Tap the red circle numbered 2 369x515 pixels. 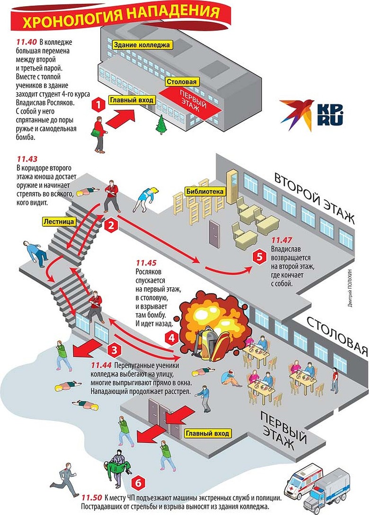point(111,226)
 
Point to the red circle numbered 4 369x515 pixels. point(172,338)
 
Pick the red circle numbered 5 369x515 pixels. point(258,257)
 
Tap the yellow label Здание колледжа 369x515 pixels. point(141,45)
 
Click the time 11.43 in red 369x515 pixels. point(26,160)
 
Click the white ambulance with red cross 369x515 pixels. point(302,479)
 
